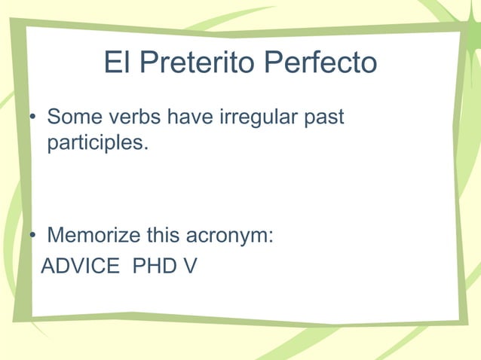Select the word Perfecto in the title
point(320,64)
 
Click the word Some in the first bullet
point(71,118)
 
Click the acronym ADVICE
point(79,266)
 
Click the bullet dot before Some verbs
point(32,119)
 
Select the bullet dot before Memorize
point(32,236)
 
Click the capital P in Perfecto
point(269,63)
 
